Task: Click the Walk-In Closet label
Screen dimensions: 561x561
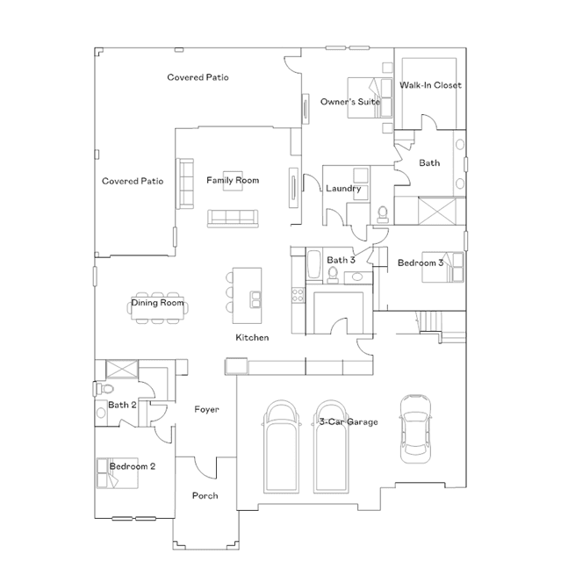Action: point(430,85)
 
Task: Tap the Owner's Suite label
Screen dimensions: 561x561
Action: point(350,102)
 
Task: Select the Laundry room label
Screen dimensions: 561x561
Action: point(343,189)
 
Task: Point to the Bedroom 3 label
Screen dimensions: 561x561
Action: point(421,263)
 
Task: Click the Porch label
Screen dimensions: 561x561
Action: point(205,495)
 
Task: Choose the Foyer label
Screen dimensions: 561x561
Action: point(206,409)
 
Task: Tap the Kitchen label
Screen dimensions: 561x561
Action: point(252,337)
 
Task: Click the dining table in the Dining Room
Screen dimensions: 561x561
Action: point(158,307)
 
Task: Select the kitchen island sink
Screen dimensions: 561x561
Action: point(255,299)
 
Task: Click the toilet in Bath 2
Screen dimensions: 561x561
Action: point(104,388)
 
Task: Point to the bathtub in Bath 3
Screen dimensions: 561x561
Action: point(314,264)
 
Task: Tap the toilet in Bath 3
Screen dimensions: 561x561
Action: point(333,275)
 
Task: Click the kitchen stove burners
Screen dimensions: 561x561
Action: point(298,295)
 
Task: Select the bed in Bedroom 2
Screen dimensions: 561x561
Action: point(118,473)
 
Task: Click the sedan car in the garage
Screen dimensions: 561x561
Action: point(415,428)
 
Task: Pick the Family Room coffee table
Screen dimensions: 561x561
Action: point(233,181)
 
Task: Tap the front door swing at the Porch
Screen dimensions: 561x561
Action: point(205,468)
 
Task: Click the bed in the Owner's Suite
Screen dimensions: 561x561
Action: point(370,97)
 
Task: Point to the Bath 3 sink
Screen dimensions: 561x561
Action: point(356,277)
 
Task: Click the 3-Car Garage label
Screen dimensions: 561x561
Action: point(349,421)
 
